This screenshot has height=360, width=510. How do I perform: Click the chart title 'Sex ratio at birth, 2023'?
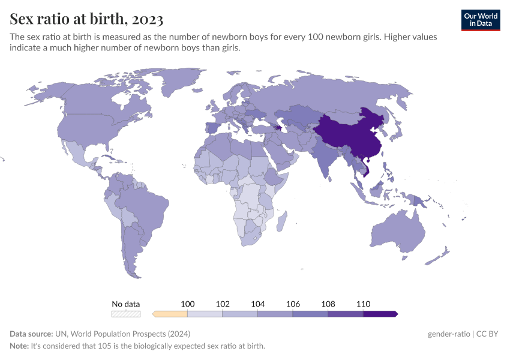pyautogui.click(x=86, y=19)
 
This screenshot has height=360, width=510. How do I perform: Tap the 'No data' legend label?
pyautogui.click(x=125, y=304)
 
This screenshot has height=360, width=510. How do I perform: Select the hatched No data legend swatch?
pyautogui.click(x=125, y=313)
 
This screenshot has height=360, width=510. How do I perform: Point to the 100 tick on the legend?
pyautogui.click(x=188, y=304)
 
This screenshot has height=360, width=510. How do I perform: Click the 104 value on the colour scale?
pyautogui.click(x=258, y=304)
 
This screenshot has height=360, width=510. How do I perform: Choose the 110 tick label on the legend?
pyautogui.click(x=363, y=304)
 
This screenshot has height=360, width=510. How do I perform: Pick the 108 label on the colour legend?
pyautogui.click(x=328, y=304)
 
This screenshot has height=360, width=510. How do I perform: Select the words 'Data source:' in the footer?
pyautogui.click(x=31, y=334)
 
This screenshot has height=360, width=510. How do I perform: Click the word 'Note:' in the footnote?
pyautogui.click(x=21, y=346)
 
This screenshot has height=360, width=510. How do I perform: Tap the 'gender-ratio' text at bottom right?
pyautogui.click(x=451, y=334)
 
